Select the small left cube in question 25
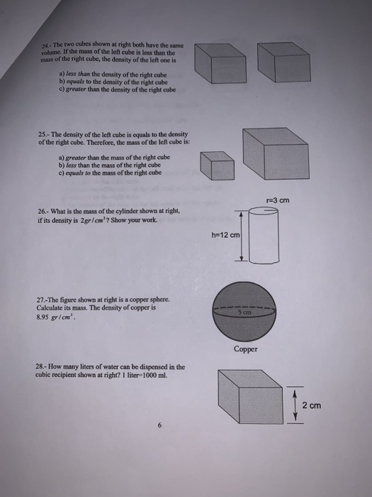tap(217, 167)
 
